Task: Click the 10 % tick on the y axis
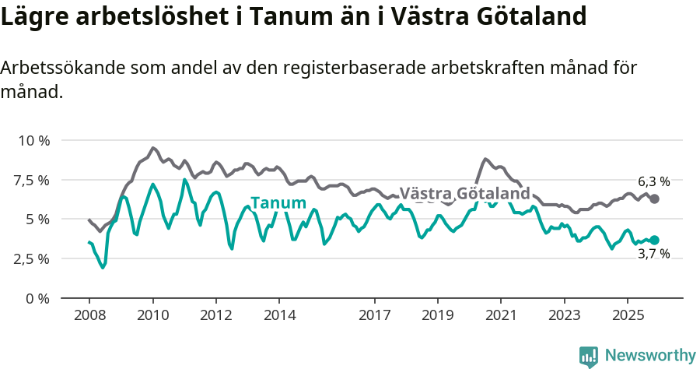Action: coord(33,141)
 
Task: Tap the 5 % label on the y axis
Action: coord(38,220)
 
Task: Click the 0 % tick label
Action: coord(38,298)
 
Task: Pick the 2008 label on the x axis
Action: coord(89,317)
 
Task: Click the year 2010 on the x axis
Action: coord(152,317)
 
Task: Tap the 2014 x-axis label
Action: coord(279,317)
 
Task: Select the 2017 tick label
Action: coord(374,317)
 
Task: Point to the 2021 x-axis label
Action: coord(501,317)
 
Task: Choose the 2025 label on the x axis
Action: coord(628,317)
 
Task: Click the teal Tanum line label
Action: coord(278,203)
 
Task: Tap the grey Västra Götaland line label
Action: coord(464,193)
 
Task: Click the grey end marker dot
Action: coord(654,199)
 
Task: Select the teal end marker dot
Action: coord(654,240)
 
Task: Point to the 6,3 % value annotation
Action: coord(653,181)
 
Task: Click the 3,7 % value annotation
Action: coord(653,254)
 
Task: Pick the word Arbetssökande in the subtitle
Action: coord(52,68)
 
